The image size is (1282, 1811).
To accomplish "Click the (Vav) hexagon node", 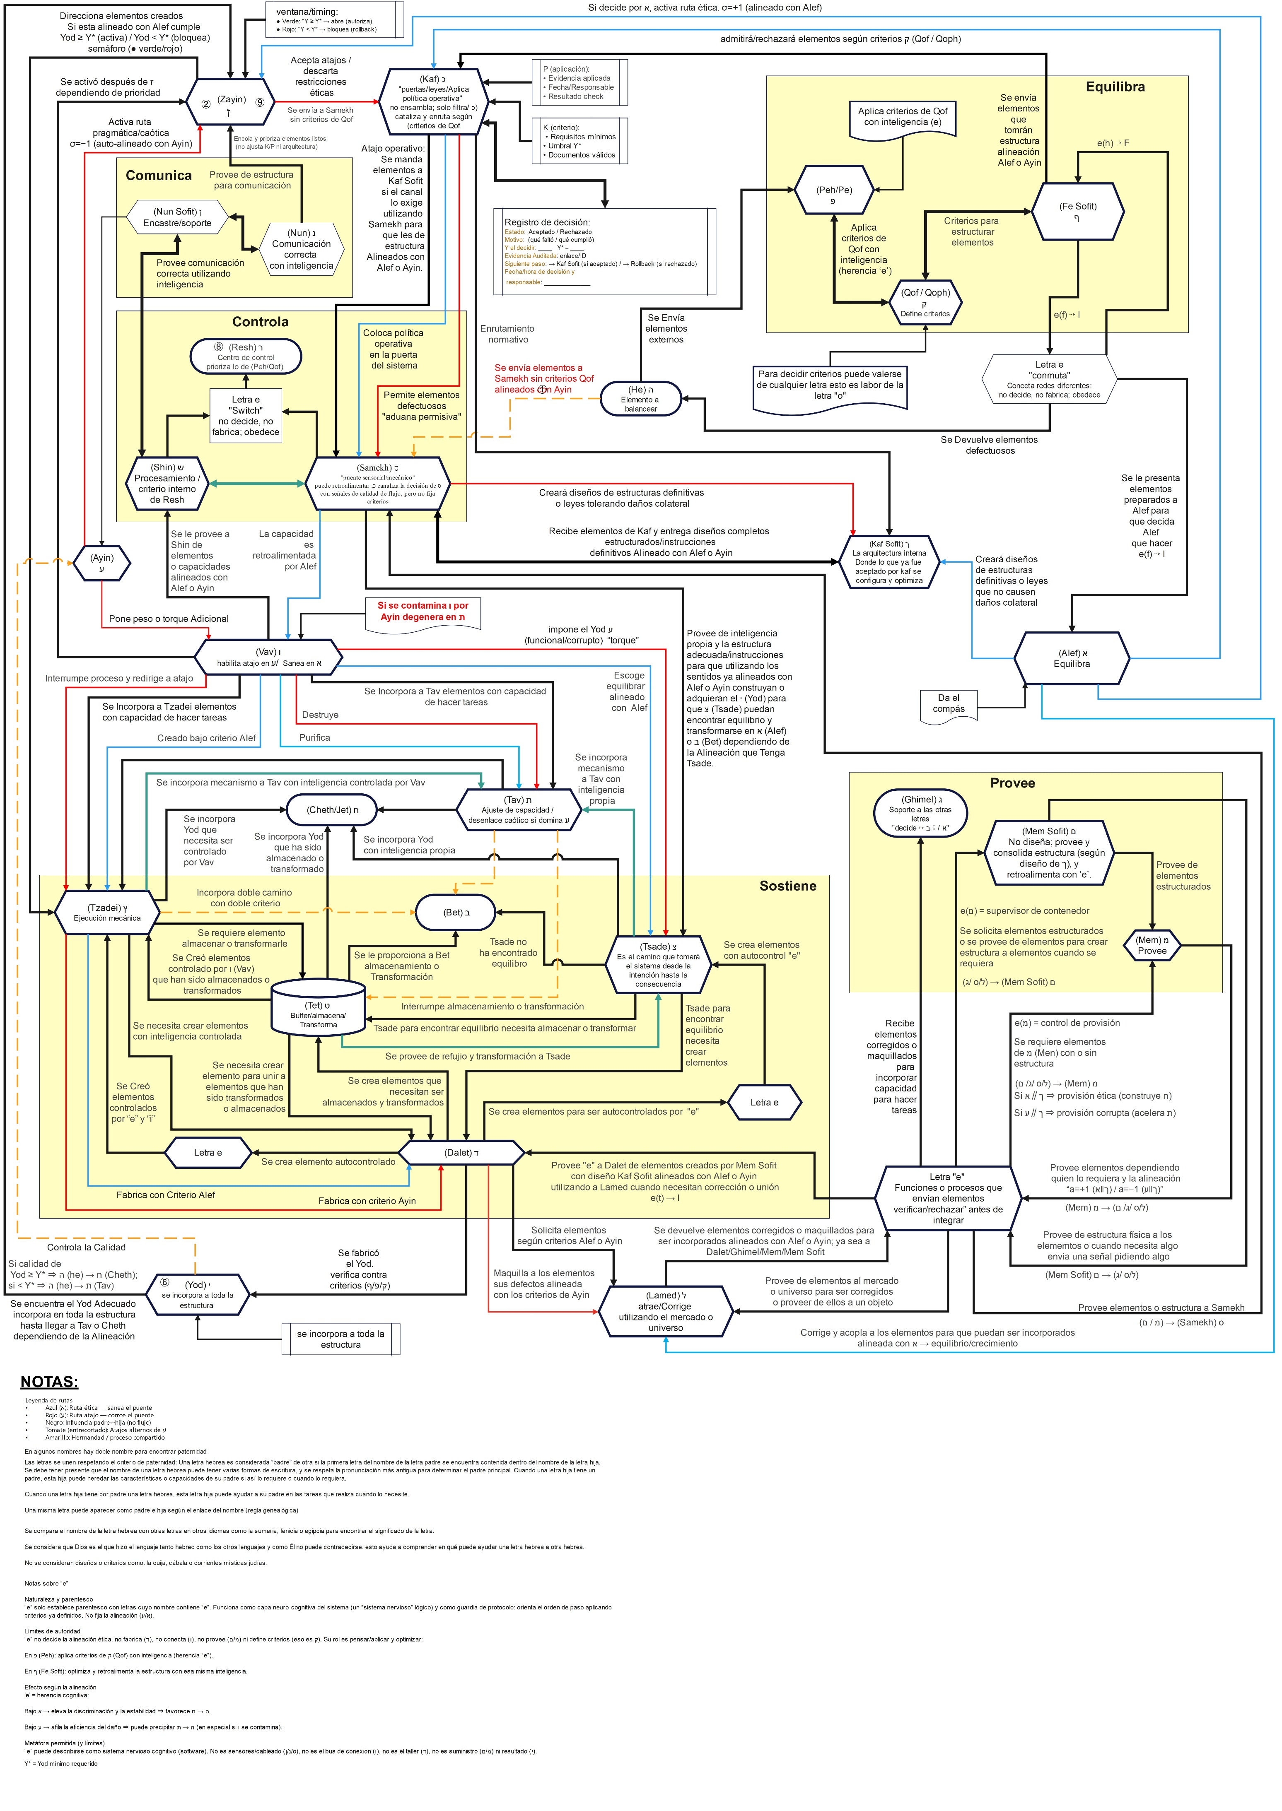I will (x=268, y=657).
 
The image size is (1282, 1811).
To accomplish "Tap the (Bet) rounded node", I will (x=456, y=912).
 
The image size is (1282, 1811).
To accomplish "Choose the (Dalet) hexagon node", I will (x=461, y=1153).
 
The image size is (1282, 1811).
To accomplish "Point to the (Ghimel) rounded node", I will (x=920, y=813).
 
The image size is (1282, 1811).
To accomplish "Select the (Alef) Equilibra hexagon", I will (x=1071, y=658).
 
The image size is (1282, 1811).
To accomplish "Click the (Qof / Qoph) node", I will (x=925, y=302).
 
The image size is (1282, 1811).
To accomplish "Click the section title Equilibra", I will (x=1115, y=87).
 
